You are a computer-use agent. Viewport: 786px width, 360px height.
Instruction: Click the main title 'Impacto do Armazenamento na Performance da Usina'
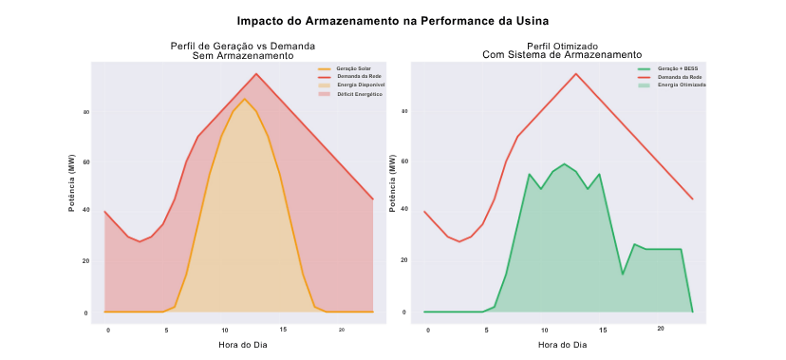[x=393, y=20]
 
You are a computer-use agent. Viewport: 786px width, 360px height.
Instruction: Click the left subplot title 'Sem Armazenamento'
[x=242, y=56]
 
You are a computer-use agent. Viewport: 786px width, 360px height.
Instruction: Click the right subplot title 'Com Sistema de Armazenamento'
[x=562, y=55]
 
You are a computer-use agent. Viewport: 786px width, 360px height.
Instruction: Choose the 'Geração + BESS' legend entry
[x=676, y=69]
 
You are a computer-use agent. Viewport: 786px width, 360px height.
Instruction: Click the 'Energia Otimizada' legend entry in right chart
[x=681, y=85]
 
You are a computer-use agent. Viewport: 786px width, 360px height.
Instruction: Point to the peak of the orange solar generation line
[x=244, y=99]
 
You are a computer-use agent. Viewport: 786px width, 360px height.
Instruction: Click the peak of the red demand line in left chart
[x=255, y=73]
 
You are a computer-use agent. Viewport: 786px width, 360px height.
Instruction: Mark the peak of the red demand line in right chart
[x=575, y=73]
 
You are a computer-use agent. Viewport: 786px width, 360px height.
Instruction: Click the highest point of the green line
[x=564, y=163]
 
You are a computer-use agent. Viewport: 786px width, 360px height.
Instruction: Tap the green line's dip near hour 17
[x=623, y=275]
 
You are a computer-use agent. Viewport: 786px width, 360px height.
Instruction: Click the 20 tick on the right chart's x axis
[x=661, y=329]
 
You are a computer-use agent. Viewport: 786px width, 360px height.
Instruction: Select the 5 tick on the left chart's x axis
[x=167, y=330]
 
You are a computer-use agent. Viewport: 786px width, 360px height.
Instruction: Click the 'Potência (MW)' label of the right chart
[x=392, y=181]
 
